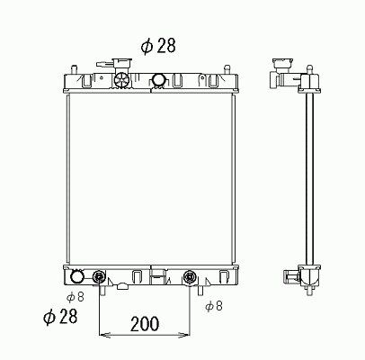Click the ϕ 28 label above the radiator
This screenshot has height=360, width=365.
(x=158, y=46)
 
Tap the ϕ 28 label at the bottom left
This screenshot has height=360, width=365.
(x=60, y=316)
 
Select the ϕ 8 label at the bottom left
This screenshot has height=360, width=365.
(x=76, y=297)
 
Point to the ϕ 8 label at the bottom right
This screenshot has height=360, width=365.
(x=214, y=306)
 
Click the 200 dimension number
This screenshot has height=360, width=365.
(x=145, y=324)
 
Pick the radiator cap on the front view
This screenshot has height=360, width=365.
(x=122, y=64)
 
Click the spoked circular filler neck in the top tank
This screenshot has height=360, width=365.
(x=122, y=80)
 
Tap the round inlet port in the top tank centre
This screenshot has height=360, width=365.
(x=159, y=80)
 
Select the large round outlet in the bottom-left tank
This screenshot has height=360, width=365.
(x=76, y=276)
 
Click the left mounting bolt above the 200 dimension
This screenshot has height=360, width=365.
(x=99, y=276)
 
